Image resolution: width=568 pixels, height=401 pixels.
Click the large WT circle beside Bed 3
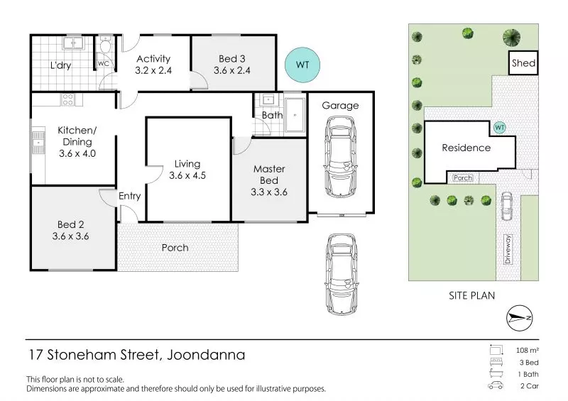[302, 65]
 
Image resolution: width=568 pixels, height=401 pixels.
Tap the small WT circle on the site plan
[500, 128]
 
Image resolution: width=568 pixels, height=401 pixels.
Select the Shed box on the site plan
[523, 63]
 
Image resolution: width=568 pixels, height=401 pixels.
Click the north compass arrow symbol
[520, 318]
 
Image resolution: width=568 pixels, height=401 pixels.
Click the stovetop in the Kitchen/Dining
[67, 99]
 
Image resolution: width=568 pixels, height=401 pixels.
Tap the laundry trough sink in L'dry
[73, 43]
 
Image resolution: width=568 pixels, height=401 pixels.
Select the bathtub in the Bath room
[295, 115]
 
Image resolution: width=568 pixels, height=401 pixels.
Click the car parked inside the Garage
[340, 157]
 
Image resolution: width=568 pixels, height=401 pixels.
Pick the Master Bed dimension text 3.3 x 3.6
[269, 192]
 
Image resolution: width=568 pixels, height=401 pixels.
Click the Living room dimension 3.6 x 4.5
[187, 175]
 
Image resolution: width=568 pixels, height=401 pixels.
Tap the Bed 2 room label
[70, 224]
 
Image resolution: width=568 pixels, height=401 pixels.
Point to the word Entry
[129, 196]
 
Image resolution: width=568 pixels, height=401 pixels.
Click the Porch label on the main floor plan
[175, 248]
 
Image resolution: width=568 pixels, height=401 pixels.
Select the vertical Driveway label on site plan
[508, 249]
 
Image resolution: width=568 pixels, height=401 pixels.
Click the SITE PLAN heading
[471, 295]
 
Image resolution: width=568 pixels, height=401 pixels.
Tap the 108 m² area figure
[528, 351]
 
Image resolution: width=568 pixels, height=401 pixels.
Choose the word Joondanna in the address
[206, 355]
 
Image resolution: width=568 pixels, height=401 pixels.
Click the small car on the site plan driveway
[507, 206]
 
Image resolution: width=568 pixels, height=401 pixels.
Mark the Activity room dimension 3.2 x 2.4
[153, 70]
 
